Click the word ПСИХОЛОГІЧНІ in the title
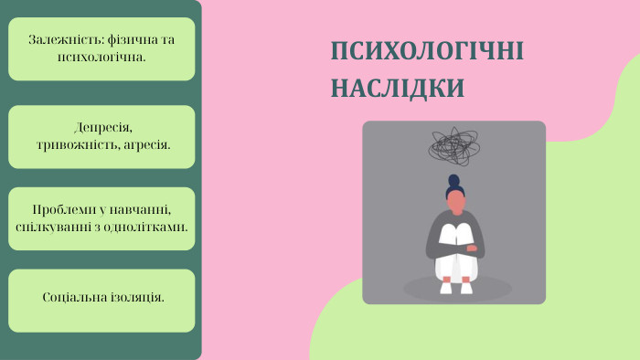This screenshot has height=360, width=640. point(427,51)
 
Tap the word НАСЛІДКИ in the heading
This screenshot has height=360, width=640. point(397,88)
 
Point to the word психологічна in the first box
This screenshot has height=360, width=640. point(101,57)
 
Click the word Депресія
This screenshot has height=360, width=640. point(103,127)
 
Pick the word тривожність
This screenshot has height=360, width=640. point(76,143)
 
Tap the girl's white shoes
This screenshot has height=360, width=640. point(455,286)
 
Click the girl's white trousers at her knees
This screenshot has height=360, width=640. point(455,236)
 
